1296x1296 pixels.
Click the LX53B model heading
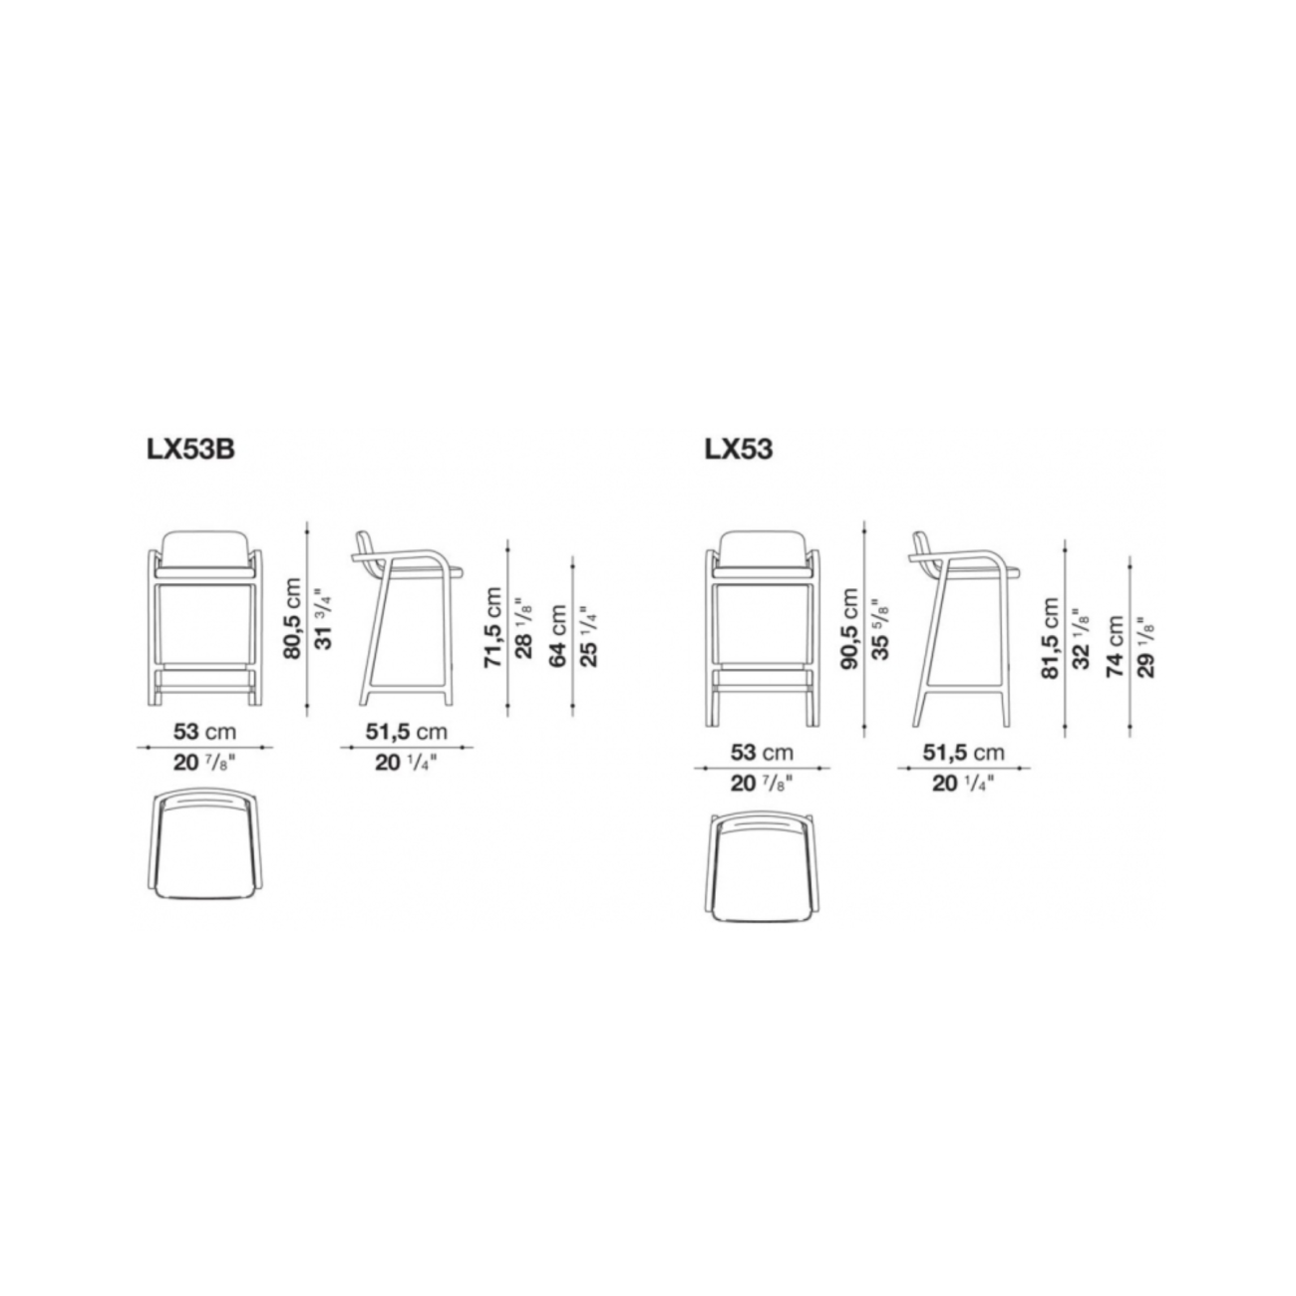click(190, 450)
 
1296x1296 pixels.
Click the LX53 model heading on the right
click(738, 450)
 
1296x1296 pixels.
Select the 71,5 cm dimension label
click(492, 627)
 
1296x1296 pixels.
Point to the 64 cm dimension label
click(558, 636)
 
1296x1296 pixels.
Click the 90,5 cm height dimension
click(849, 628)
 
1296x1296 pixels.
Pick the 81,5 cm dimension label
click(1050, 638)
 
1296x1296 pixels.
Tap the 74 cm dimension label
click(1116, 646)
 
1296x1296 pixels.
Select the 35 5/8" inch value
click(881, 629)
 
